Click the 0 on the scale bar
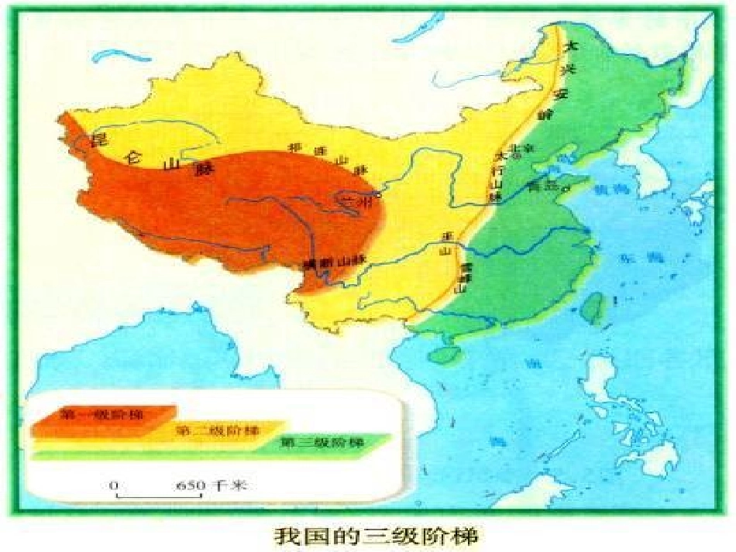tap(114, 485)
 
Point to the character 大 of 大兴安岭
tap(572, 46)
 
